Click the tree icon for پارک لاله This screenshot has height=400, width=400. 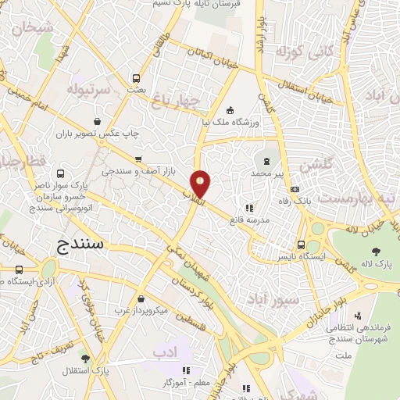pyautogui.click(x=376, y=252)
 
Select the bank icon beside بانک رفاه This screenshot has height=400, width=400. pyautogui.click(x=294, y=188)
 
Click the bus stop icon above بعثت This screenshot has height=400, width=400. pyautogui.click(x=137, y=78)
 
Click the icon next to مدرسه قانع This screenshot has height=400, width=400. pyautogui.click(x=248, y=208)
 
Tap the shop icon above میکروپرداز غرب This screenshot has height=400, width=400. pyautogui.click(x=140, y=298)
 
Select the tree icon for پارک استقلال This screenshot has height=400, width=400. pyautogui.click(x=84, y=359)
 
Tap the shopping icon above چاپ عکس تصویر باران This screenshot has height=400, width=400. pyautogui.click(x=97, y=121)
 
